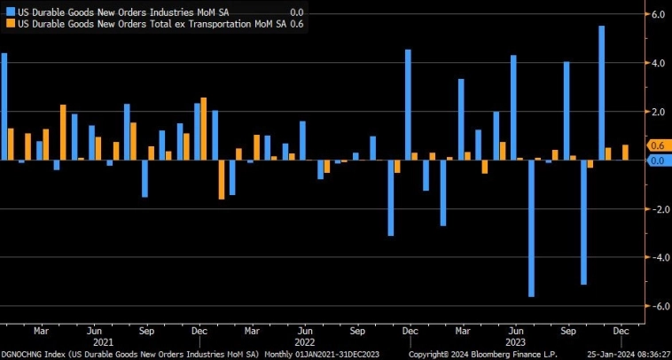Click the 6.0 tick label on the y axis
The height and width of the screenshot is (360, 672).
(x=659, y=15)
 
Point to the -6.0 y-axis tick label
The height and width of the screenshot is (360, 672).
(x=657, y=306)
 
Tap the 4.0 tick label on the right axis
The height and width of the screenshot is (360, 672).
(x=659, y=64)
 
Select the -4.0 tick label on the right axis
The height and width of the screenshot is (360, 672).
(x=657, y=258)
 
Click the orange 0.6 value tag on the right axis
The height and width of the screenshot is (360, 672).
(x=658, y=145)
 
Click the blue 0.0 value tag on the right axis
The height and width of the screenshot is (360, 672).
(x=658, y=160)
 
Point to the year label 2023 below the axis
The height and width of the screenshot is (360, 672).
(x=513, y=341)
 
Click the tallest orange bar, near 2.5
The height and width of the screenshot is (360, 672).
(x=204, y=129)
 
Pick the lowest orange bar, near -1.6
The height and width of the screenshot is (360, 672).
(x=222, y=180)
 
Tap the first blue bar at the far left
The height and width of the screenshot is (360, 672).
(x=4, y=106)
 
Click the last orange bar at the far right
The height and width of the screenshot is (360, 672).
(x=626, y=153)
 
